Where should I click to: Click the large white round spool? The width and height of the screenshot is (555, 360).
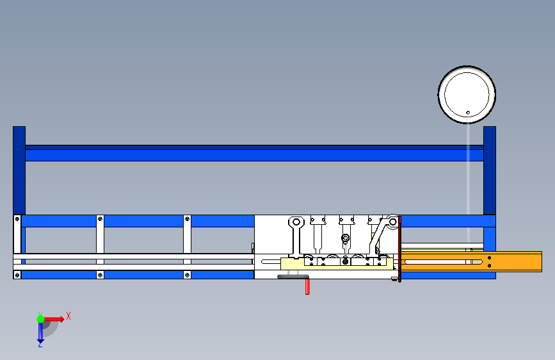coord(467,94)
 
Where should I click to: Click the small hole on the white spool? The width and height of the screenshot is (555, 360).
coord(468,113)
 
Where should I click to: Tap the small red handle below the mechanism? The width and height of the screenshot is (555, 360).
coord(307,286)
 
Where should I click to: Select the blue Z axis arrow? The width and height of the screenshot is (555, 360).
coord(40,332)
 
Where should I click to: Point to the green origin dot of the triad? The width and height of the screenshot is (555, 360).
coord(40,318)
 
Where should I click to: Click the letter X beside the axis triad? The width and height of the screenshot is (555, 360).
coord(68,316)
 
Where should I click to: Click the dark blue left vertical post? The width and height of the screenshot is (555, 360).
coord(19,170)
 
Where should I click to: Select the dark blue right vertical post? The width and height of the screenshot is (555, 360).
coord(490,170)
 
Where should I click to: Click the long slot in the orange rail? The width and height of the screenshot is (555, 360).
coord(442,261)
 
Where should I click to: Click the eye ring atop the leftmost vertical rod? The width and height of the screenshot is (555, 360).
coord(295,223)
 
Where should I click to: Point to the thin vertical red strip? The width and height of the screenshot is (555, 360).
coord(400,250)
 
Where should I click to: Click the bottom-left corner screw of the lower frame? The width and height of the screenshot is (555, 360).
coord(17,275)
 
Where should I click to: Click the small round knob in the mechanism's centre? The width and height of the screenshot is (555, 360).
coord(346,239)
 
